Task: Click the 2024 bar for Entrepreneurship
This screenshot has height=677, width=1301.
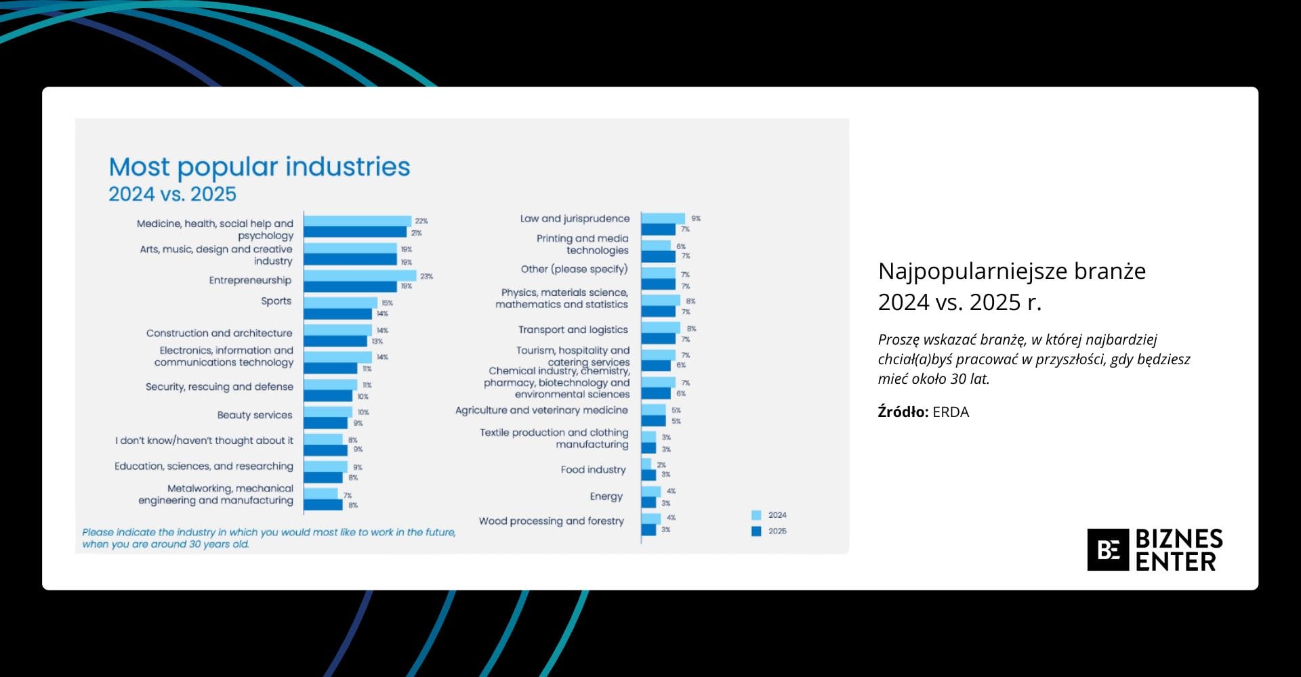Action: (x=360, y=276)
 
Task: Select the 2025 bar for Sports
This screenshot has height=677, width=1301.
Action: (x=337, y=314)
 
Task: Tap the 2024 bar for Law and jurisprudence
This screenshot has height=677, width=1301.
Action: (x=663, y=218)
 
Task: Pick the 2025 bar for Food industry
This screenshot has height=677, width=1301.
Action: (x=648, y=475)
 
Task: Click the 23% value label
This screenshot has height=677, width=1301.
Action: (x=426, y=276)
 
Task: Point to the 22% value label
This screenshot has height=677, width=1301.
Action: (x=421, y=221)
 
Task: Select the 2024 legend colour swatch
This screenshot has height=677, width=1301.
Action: (x=756, y=515)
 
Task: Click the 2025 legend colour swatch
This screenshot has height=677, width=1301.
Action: (x=756, y=531)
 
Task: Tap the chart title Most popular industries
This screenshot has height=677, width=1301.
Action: (x=260, y=167)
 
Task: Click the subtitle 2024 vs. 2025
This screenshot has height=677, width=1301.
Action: (x=173, y=194)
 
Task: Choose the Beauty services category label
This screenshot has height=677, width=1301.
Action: (x=255, y=415)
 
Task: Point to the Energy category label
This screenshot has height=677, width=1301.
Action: (x=606, y=496)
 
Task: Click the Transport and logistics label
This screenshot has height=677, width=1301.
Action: (x=573, y=330)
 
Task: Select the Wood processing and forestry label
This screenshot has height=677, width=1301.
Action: (x=552, y=521)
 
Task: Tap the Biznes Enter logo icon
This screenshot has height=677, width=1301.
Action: (x=1108, y=550)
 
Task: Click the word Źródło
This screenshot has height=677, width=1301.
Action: (x=903, y=412)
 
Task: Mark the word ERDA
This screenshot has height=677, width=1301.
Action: (x=951, y=412)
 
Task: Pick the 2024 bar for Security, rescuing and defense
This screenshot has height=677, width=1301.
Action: (x=330, y=385)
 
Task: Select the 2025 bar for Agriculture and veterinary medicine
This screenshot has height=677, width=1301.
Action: (x=653, y=421)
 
